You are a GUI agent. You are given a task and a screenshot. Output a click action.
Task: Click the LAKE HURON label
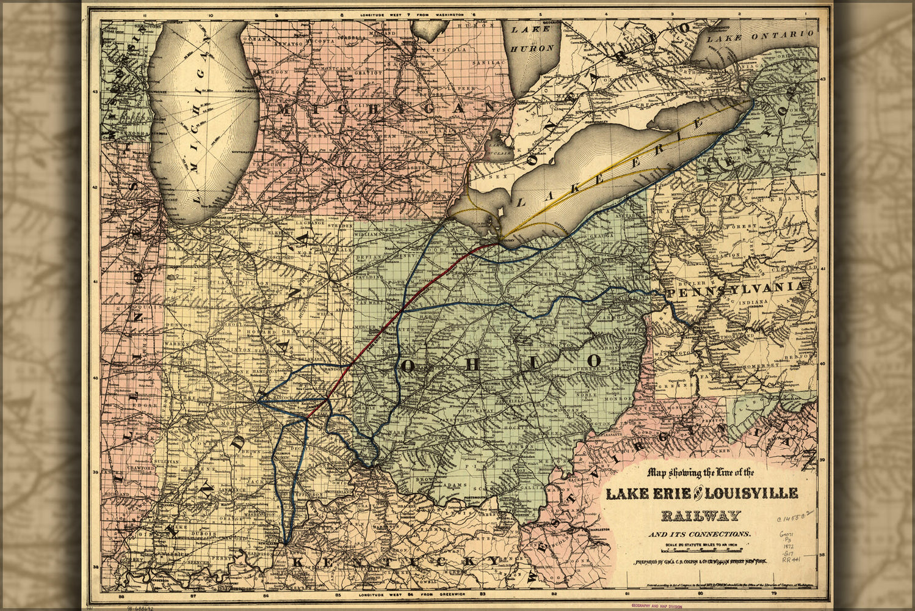tap(532, 38)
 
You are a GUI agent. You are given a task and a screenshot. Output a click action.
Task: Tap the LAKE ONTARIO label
tap(760, 36)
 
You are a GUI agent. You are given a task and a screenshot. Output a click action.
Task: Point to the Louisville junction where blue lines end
tap(285, 543)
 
